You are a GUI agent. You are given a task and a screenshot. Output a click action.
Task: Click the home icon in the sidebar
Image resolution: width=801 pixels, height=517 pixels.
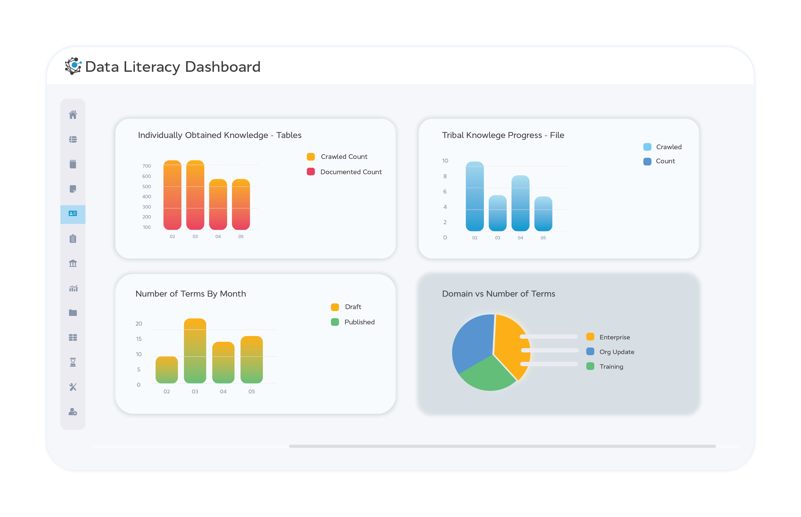(73, 115)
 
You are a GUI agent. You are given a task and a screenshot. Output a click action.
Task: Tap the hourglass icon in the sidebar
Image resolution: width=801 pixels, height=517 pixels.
(73, 362)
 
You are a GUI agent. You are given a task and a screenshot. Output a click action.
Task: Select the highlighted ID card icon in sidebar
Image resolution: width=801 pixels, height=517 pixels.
(73, 214)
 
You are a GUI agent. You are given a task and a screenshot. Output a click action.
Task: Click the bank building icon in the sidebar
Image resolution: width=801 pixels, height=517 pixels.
(73, 263)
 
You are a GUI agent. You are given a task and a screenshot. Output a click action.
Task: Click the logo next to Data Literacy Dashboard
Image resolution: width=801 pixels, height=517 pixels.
(73, 66)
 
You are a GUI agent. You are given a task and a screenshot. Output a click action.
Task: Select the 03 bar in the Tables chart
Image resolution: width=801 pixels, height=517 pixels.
(195, 195)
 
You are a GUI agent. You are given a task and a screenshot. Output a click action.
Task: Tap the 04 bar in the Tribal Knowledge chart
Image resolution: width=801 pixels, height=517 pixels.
(520, 203)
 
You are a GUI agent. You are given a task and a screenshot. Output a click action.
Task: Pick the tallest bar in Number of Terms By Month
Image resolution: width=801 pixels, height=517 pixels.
(195, 351)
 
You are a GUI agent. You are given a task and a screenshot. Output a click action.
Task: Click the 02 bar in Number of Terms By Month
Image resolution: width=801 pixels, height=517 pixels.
(166, 370)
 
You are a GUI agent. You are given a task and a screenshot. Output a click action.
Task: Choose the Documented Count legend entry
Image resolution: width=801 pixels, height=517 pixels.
(350, 172)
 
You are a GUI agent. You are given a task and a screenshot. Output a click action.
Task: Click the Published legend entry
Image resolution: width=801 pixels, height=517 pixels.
(359, 322)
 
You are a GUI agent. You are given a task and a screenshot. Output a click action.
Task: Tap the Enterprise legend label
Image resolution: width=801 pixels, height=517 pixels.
(614, 337)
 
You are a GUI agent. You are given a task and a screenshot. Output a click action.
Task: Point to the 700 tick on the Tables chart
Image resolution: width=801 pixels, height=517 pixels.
(146, 166)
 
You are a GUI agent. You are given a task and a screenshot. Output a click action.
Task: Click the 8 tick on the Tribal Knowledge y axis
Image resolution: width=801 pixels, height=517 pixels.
(445, 176)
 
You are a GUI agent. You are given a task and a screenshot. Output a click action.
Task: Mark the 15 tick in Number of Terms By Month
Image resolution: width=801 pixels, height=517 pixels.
(139, 339)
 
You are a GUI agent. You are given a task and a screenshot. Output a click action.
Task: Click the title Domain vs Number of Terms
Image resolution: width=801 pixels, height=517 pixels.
(498, 294)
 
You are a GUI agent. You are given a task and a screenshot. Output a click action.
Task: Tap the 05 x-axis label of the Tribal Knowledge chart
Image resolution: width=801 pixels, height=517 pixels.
(543, 238)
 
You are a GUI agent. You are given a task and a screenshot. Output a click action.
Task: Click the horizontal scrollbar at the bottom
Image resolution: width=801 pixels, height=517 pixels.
(502, 446)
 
